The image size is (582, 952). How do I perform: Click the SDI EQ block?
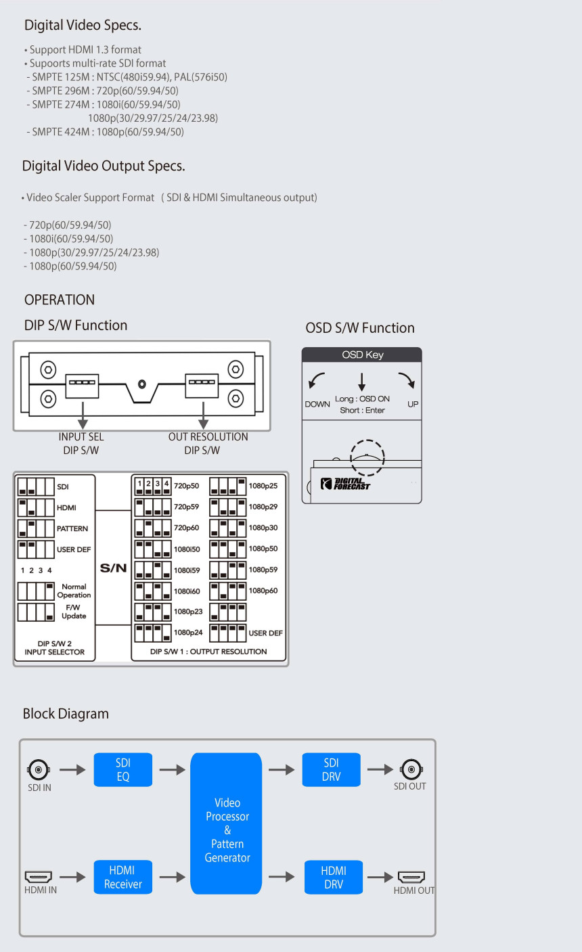pos(122,769)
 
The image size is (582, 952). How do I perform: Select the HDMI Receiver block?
pos(122,877)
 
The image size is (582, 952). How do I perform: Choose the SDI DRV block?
pos(331,769)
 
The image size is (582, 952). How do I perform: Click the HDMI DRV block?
pos(333,877)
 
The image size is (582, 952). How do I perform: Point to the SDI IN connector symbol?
pos(38,770)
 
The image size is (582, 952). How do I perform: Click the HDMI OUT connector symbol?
pos(411,877)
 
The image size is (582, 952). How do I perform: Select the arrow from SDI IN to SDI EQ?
pos(72,769)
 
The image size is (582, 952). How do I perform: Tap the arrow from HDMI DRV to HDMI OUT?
pos(379,877)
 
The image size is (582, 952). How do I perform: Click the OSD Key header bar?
pos(362,355)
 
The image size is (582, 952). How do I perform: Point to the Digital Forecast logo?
pos(346,484)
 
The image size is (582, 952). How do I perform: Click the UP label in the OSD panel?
pos(413,404)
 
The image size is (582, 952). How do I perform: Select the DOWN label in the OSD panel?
pos(317,404)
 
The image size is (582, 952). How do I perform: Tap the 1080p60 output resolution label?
pos(263,591)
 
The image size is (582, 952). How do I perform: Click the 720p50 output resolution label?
pos(187,486)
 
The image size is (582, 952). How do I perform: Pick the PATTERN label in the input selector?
pos(72,528)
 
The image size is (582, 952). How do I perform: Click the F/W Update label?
pos(74,612)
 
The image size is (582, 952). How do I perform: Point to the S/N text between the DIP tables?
pos(113,568)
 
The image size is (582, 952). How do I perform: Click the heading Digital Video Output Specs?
pos(104,166)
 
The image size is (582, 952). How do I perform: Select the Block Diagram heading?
pos(66,713)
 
